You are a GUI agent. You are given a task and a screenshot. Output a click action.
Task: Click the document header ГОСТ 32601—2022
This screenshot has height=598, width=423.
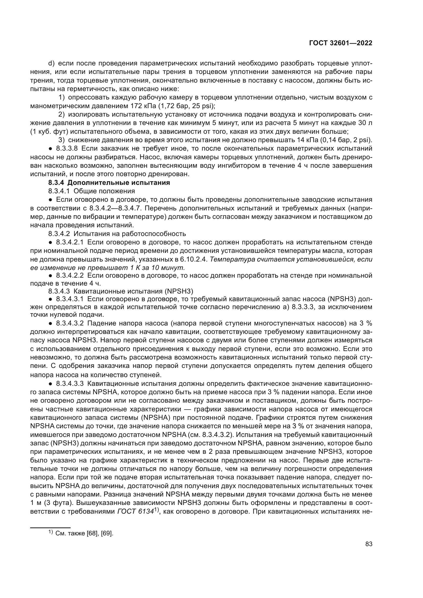pyautogui.click(x=340, y=43)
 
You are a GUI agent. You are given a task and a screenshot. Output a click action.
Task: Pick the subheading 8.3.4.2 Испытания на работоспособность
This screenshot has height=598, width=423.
pyautogui.click(x=117, y=233)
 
